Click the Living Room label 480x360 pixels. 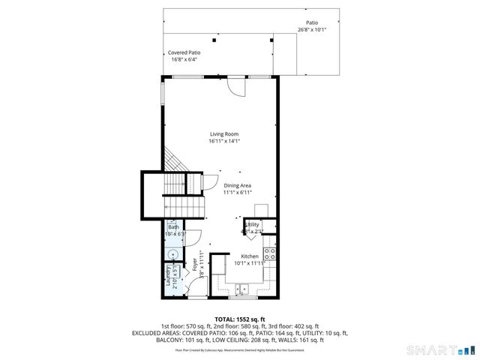tap(223, 133)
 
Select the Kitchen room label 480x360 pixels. tap(250, 256)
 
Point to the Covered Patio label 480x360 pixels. tap(184, 52)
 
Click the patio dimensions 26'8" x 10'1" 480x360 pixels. tap(312, 29)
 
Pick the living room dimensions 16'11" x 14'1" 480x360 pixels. tap(223, 140)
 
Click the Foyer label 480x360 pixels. tap(195, 264)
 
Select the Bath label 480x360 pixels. tap(173, 226)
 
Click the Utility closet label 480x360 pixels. tap(253, 224)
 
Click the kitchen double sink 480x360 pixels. tap(242, 287)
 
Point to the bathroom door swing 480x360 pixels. tap(192, 235)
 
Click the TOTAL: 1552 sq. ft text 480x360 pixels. tap(239, 319)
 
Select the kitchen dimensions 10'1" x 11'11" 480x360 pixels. tap(250, 263)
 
